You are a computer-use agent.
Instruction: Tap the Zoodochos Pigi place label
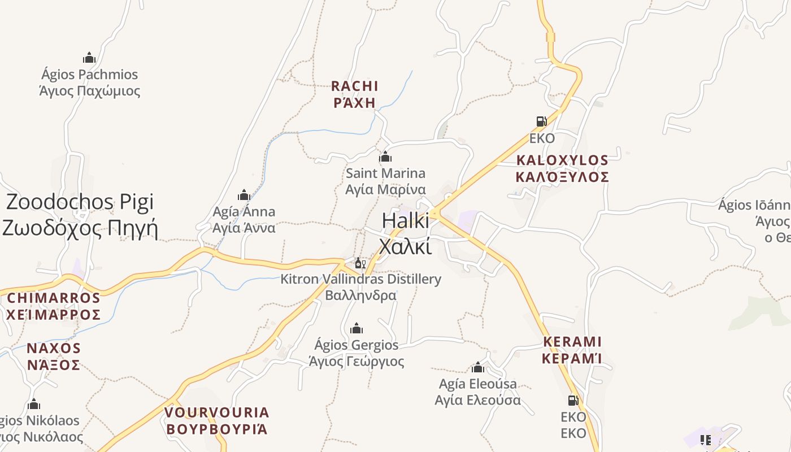coord(80,215)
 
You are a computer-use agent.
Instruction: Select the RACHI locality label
coord(355,94)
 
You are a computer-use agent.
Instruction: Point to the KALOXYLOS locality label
coord(562,168)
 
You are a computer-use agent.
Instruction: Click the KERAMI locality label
coord(572,350)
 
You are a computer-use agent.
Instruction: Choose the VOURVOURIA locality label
coord(217,420)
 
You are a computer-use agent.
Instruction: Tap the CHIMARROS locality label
coord(54,306)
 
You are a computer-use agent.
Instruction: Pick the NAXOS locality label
coord(54,356)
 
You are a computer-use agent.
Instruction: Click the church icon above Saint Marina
coord(385,157)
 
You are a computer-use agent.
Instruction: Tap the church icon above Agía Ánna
coord(244,195)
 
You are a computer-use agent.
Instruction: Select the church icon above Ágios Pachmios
coord(89,58)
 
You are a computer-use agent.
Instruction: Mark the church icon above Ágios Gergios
coord(357,328)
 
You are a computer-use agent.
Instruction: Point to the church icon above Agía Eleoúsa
coord(478,368)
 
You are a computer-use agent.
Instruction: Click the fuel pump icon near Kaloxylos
coord(541,121)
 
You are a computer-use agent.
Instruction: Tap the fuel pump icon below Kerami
coord(573,401)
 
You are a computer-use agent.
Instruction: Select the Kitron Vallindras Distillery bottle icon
coord(360,263)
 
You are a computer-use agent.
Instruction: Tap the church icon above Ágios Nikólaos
coord(34,404)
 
